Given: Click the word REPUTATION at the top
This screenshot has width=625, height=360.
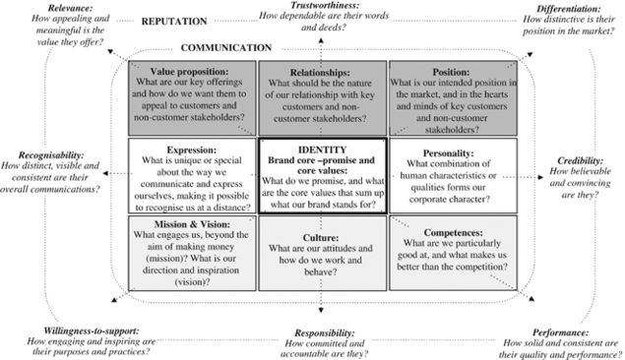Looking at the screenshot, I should pyautogui.click(x=173, y=21).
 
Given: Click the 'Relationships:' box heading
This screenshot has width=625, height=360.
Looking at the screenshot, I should pyautogui.click(x=320, y=72).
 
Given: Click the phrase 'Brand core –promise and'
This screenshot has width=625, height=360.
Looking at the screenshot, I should pyautogui.click(x=320, y=158).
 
